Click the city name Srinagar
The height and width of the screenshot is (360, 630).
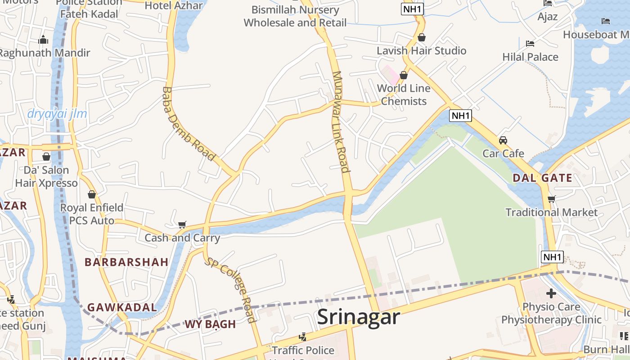(358, 317)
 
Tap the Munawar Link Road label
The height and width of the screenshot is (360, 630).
(341, 121)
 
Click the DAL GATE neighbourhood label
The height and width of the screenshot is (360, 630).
(542, 178)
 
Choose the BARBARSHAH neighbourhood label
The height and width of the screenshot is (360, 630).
(126, 262)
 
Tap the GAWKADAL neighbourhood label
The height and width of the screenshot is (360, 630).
(122, 307)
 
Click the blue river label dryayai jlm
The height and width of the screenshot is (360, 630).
(57, 114)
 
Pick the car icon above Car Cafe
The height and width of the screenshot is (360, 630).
(503, 140)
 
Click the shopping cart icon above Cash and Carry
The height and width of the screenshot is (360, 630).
(182, 225)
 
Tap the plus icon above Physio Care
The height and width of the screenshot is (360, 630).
(551, 294)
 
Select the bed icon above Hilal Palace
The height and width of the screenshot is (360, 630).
(530, 44)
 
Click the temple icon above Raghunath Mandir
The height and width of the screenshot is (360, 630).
(43, 40)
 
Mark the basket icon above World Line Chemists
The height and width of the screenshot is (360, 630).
(404, 75)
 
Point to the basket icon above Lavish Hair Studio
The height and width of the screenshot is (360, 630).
(422, 37)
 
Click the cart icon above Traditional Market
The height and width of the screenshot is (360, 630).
(551, 199)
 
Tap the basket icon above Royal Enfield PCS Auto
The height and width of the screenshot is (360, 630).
(92, 194)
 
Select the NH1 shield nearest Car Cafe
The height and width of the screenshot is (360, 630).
(460, 116)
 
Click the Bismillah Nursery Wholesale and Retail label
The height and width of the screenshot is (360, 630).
(295, 16)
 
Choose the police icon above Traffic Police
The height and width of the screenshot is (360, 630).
(303, 337)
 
